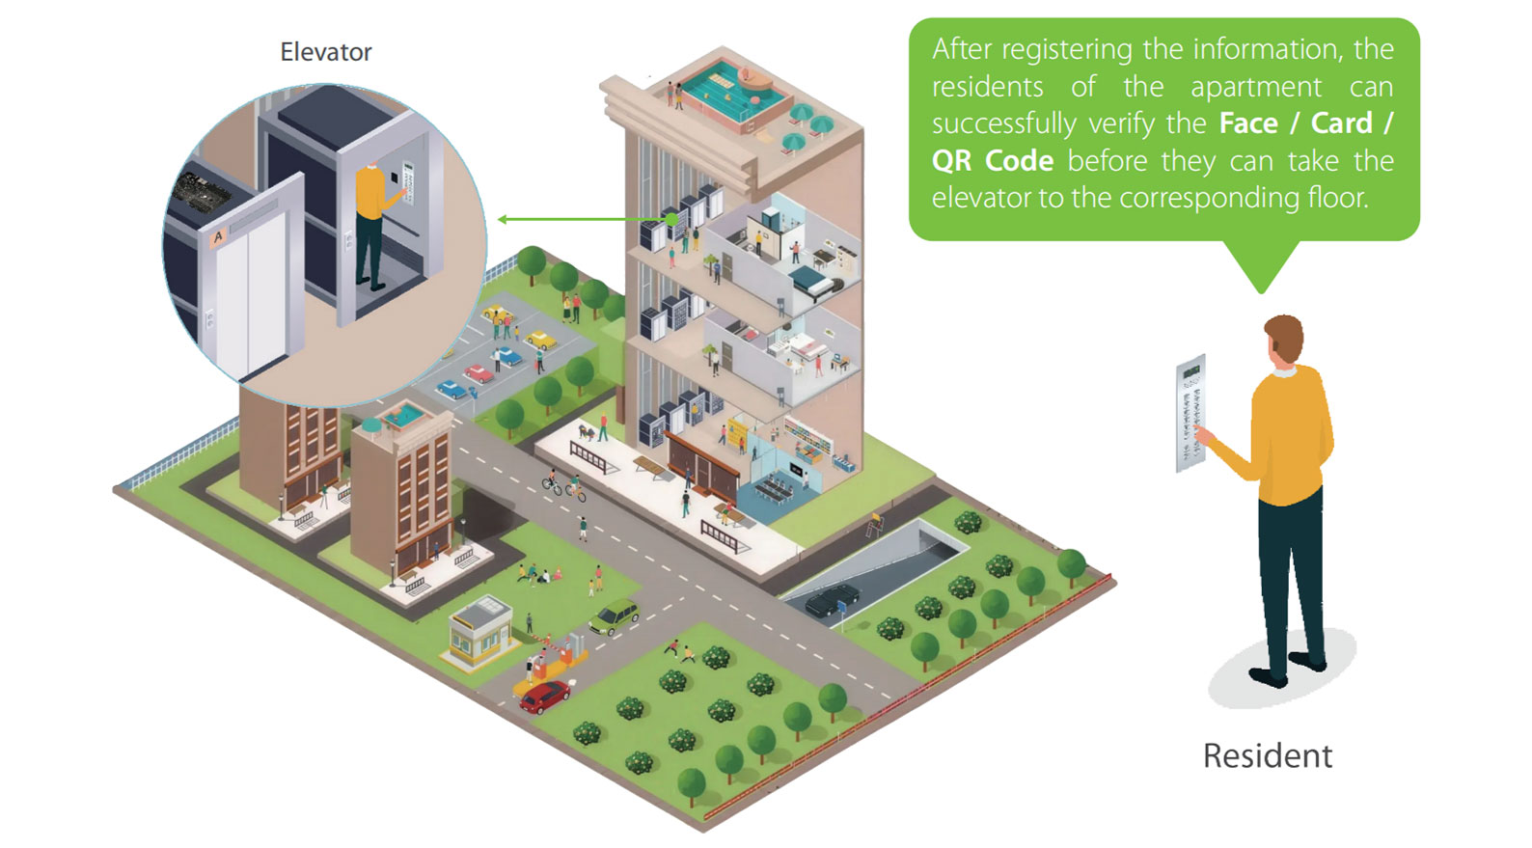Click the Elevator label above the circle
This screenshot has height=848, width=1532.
(x=325, y=52)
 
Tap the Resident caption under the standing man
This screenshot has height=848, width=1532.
(x=1267, y=755)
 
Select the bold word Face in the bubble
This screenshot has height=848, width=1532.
(x=1248, y=123)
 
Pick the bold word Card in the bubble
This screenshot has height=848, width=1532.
(x=1341, y=123)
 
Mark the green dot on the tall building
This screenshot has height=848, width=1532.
(x=671, y=220)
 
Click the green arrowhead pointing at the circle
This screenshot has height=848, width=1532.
(x=503, y=220)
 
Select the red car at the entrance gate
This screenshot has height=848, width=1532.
(x=545, y=696)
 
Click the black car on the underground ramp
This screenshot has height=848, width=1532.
(x=832, y=601)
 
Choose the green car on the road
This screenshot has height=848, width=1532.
(x=615, y=615)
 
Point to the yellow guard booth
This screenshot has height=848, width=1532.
(x=480, y=633)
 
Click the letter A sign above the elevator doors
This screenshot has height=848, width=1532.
(x=218, y=236)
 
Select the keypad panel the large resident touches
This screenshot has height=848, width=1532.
(x=1190, y=414)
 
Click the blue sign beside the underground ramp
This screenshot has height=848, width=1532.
(x=841, y=609)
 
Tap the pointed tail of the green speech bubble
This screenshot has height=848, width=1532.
(x=1260, y=280)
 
